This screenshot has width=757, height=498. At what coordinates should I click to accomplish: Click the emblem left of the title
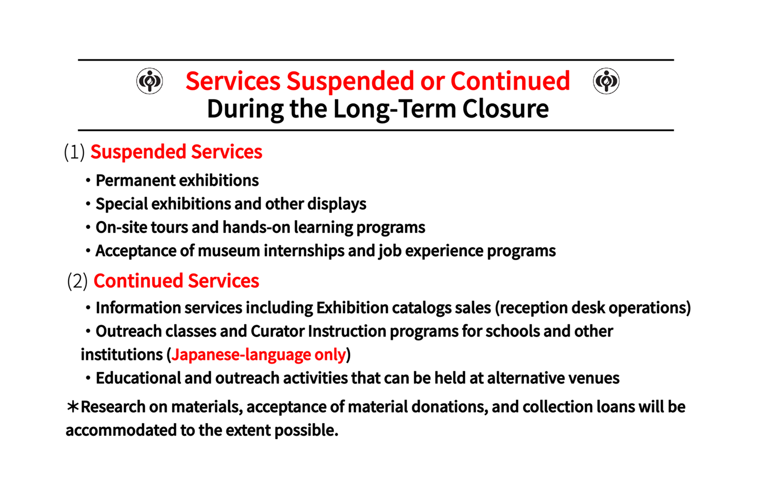pos(150,81)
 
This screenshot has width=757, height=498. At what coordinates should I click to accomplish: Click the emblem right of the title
pos(606,81)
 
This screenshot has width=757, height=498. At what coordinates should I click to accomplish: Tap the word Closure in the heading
pos(506,109)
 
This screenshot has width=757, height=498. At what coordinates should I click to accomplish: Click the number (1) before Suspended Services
pos(74,152)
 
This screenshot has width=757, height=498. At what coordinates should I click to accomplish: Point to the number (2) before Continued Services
pos(77,281)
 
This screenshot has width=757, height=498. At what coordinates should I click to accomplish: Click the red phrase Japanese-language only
pos(259,355)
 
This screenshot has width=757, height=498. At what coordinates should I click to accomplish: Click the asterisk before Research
pos(73,406)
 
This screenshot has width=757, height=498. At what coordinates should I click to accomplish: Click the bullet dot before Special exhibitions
pos(88,204)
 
